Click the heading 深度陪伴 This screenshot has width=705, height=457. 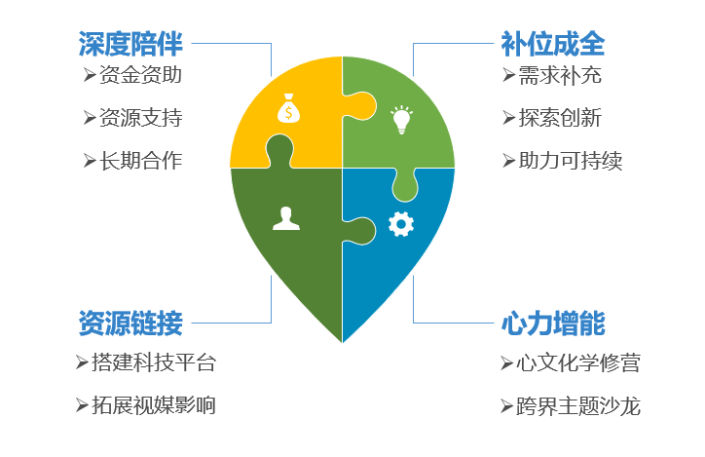pyautogui.click(x=130, y=44)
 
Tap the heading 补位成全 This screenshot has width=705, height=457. pyautogui.click(x=553, y=44)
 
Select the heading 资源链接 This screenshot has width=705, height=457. pyautogui.click(x=130, y=323)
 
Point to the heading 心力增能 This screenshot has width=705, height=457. pyautogui.click(x=553, y=323)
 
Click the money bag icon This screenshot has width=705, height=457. pyautogui.click(x=288, y=108)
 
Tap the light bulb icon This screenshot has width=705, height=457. pyautogui.click(x=401, y=120)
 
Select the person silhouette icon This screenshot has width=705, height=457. pyautogui.click(x=286, y=218)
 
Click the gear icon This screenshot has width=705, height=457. pyautogui.click(x=401, y=224)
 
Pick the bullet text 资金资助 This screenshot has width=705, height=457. pyautogui.click(x=140, y=75)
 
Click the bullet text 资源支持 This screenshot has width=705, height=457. pyautogui.click(x=140, y=118)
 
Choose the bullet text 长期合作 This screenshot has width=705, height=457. pyautogui.click(x=140, y=161)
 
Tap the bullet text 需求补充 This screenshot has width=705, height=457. pyautogui.click(x=560, y=75)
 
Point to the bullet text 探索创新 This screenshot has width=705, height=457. pyautogui.click(x=560, y=118)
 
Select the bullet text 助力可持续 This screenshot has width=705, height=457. pyautogui.click(x=570, y=161)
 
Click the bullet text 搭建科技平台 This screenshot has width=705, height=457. pyautogui.click(x=154, y=362)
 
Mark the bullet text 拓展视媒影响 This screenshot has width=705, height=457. pyautogui.click(x=154, y=405)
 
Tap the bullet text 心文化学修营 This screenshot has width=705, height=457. pyautogui.click(x=578, y=363)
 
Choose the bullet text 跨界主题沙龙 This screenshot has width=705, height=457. pyautogui.click(x=578, y=406)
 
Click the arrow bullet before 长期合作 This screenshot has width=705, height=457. pyautogui.click(x=90, y=161)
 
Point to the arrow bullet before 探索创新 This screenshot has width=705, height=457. pyautogui.click(x=509, y=118)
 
